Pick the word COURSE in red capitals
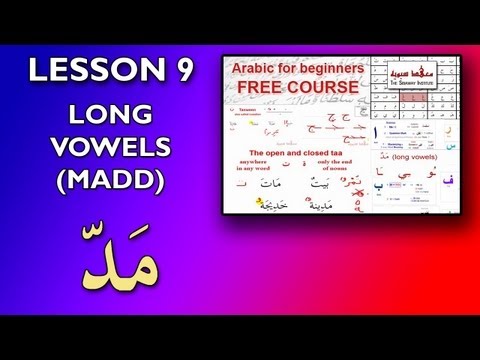click(x=322, y=88)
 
